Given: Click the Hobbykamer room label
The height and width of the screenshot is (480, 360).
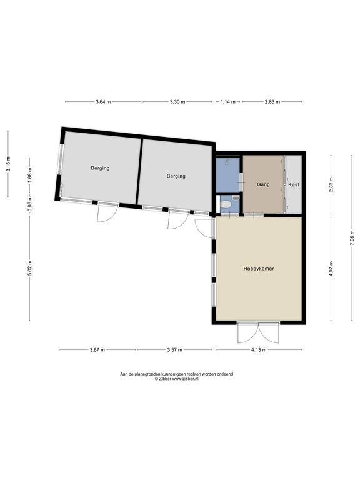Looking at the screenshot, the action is [x=259, y=269].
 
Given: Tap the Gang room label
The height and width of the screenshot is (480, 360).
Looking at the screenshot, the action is [x=263, y=184].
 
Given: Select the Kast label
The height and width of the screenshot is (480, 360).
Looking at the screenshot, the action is [x=294, y=184].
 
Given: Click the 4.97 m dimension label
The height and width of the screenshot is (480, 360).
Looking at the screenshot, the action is [x=331, y=269].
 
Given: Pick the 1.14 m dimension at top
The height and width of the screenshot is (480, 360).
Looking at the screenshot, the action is [x=228, y=102].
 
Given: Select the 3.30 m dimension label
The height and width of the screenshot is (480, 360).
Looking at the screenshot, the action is [x=177, y=102].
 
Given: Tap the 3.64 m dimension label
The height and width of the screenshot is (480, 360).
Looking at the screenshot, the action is [x=103, y=102].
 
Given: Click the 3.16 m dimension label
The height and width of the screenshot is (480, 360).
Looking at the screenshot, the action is [x=8, y=164].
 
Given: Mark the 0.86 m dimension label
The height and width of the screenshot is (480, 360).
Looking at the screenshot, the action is [x=30, y=204].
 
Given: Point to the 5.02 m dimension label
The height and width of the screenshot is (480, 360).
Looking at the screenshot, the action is [x=30, y=269].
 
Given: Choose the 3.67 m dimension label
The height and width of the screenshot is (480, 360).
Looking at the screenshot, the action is [x=97, y=349].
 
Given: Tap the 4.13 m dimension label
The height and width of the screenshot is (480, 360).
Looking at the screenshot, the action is [x=259, y=349].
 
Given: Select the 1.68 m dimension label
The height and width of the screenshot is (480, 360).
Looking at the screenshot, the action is [x=30, y=176].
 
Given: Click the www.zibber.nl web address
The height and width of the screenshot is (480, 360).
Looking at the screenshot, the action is [x=186, y=379].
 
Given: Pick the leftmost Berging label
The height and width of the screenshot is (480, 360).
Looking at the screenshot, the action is [x=100, y=168].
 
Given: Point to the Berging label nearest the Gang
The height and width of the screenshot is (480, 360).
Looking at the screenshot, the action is [x=176, y=176].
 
